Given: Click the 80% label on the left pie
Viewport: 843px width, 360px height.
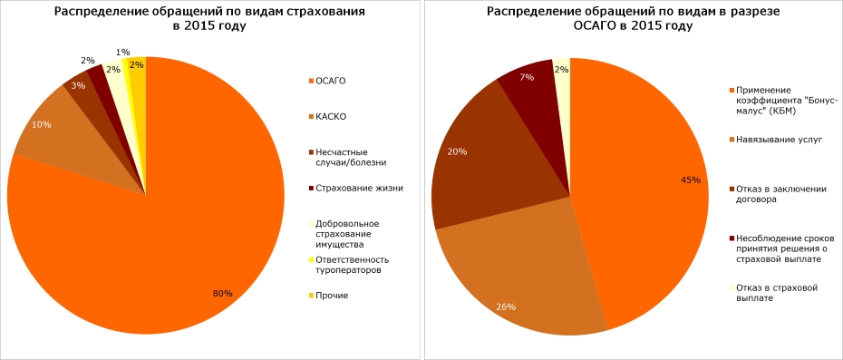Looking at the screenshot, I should coord(222,294).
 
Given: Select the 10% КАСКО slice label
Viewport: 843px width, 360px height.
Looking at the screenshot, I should coord(41,124).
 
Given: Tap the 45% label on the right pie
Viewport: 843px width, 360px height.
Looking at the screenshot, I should coord(690,180).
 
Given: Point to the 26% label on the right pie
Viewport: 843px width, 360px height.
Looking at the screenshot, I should coord(506,306).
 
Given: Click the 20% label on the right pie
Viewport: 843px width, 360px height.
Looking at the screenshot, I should coord(457,151).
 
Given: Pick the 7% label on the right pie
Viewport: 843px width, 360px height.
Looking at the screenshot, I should coord(526,78).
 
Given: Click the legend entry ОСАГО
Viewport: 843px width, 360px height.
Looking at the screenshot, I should coord(330,81).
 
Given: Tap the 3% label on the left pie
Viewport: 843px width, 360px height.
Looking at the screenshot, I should coord(78,86).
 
